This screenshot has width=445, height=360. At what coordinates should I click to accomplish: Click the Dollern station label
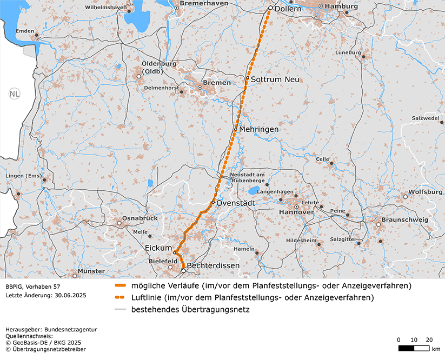[288, 10]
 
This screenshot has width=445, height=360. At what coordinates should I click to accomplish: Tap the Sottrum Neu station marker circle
[248, 78]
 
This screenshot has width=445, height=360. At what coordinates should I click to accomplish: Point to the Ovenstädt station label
[236, 203]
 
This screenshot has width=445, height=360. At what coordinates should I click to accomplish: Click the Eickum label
[158, 248]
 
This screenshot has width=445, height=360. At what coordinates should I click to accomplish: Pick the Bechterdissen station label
[214, 266]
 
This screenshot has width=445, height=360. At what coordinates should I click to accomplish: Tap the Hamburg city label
[342, 6]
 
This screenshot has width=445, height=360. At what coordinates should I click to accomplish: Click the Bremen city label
[218, 83]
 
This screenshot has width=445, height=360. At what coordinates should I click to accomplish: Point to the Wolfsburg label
[426, 192]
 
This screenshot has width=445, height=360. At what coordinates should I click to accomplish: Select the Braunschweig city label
[404, 220]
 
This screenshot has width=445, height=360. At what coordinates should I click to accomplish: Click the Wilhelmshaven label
[106, 8]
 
